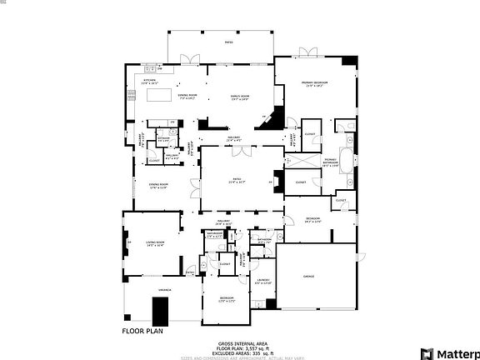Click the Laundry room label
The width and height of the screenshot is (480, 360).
[x=263, y=279]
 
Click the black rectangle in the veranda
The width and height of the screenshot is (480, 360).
[x=159, y=311]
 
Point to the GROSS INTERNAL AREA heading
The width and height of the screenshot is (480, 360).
[x=242, y=343]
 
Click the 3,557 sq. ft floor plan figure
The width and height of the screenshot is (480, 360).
[x=242, y=348]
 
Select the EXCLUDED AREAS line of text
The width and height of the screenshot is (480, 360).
[x=242, y=353]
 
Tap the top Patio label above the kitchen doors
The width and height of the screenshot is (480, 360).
[x=228, y=42]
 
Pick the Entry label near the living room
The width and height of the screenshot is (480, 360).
[x=190, y=271]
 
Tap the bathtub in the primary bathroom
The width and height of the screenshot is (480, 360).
[x=347, y=158]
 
